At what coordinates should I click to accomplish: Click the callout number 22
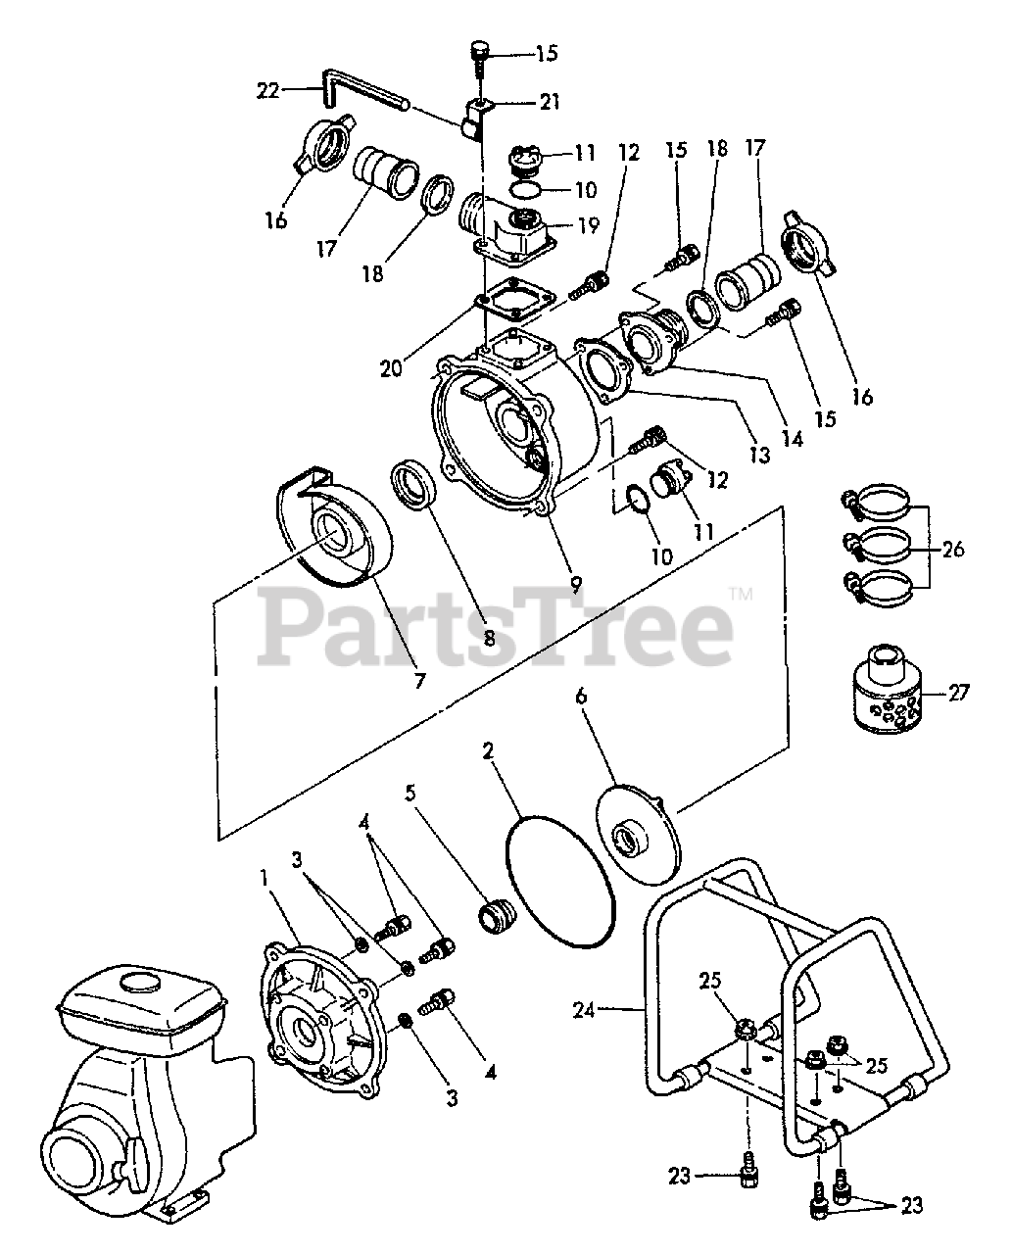click(x=267, y=90)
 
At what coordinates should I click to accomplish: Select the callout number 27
click(x=958, y=693)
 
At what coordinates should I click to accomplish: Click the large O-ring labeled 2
click(x=560, y=881)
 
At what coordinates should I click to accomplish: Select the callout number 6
click(x=581, y=697)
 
